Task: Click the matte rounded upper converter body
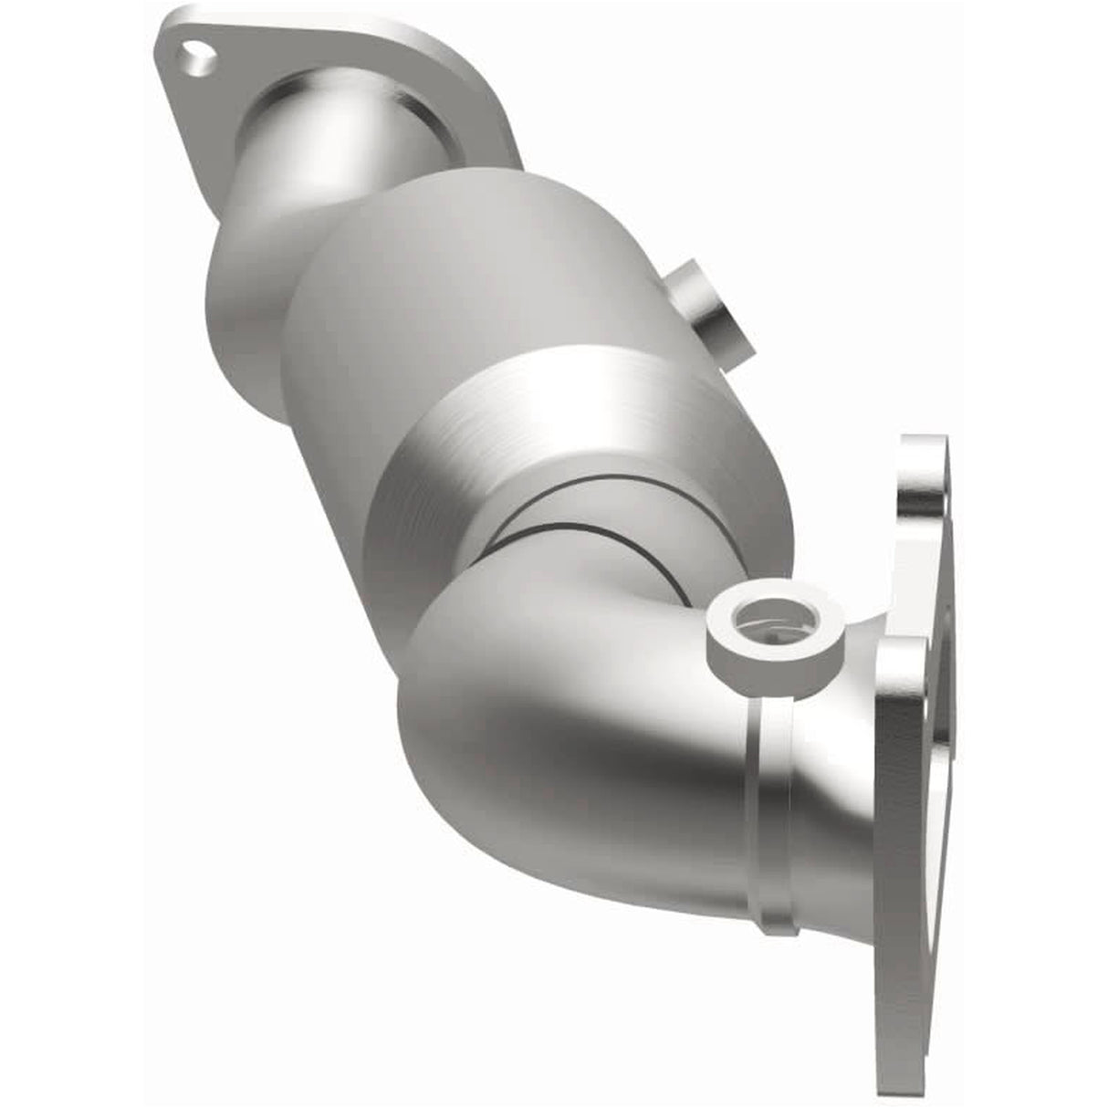coord(456,274)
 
